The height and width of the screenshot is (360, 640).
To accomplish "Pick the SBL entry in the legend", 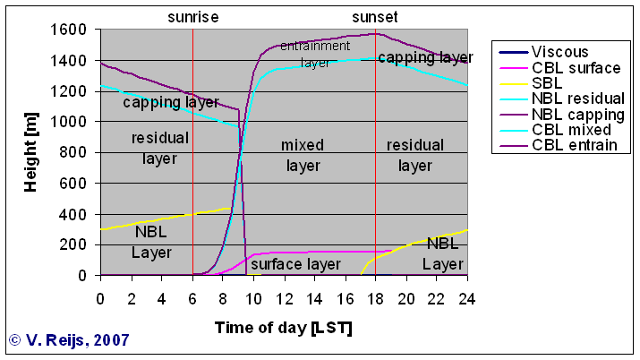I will pyautogui.click(x=546, y=82).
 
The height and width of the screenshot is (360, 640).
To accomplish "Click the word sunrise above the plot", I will pyautogui.click(x=193, y=17).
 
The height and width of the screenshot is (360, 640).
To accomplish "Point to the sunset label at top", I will pyautogui.click(x=374, y=17).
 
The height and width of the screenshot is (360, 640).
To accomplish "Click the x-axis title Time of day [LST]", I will pyautogui.click(x=283, y=327).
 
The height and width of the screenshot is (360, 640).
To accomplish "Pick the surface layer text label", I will pyautogui.click(x=295, y=264).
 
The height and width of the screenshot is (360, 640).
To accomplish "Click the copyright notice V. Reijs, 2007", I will pyautogui.click(x=69, y=339).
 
